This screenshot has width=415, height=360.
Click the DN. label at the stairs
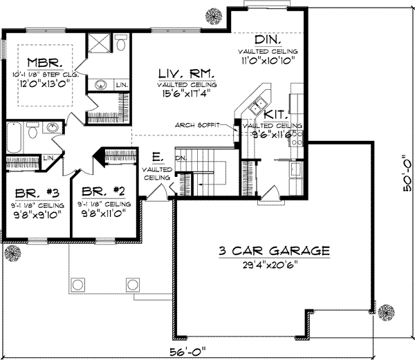click(x=181, y=158)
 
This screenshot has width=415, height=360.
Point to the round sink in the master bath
click(x=101, y=86)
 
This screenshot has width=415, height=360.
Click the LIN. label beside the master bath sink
click(x=121, y=85)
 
